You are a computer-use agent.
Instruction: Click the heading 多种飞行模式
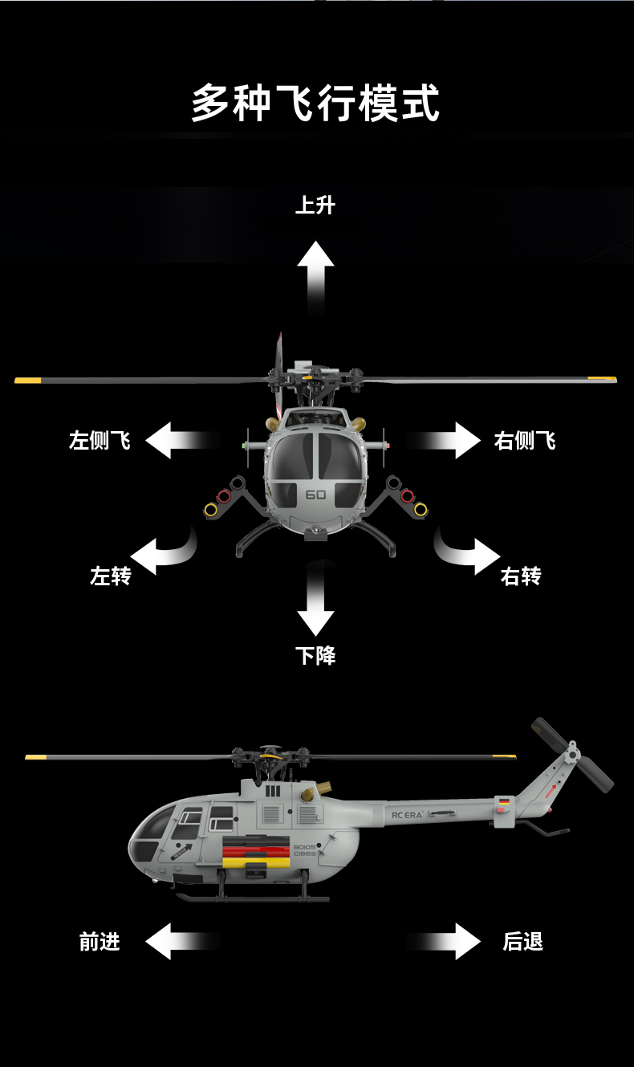coord(315,103)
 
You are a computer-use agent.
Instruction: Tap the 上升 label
coord(315,206)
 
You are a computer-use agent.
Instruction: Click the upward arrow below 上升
coord(315,278)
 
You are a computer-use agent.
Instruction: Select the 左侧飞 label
coord(100,440)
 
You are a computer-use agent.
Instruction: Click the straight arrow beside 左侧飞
coord(183,440)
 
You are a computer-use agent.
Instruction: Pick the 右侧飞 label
coord(525,440)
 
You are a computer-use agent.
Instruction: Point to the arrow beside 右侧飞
coord(443,440)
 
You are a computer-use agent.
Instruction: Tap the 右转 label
coord(521,576)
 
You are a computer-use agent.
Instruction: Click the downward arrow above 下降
coord(315,599)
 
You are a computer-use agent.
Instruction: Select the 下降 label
coord(315,655)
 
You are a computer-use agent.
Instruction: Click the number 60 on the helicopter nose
coord(315,495)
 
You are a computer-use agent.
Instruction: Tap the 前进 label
coord(100,942)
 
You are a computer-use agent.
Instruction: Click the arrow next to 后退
coord(443,941)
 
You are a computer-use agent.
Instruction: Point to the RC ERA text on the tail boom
coord(407,815)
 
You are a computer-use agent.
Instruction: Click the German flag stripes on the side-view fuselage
coord(255,852)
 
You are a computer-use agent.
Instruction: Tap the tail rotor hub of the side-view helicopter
coord(572,753)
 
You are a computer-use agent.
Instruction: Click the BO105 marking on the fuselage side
coord(305,846)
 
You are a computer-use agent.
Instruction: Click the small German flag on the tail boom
coord(504,801)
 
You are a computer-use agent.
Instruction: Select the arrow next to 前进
coord(183,941)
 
